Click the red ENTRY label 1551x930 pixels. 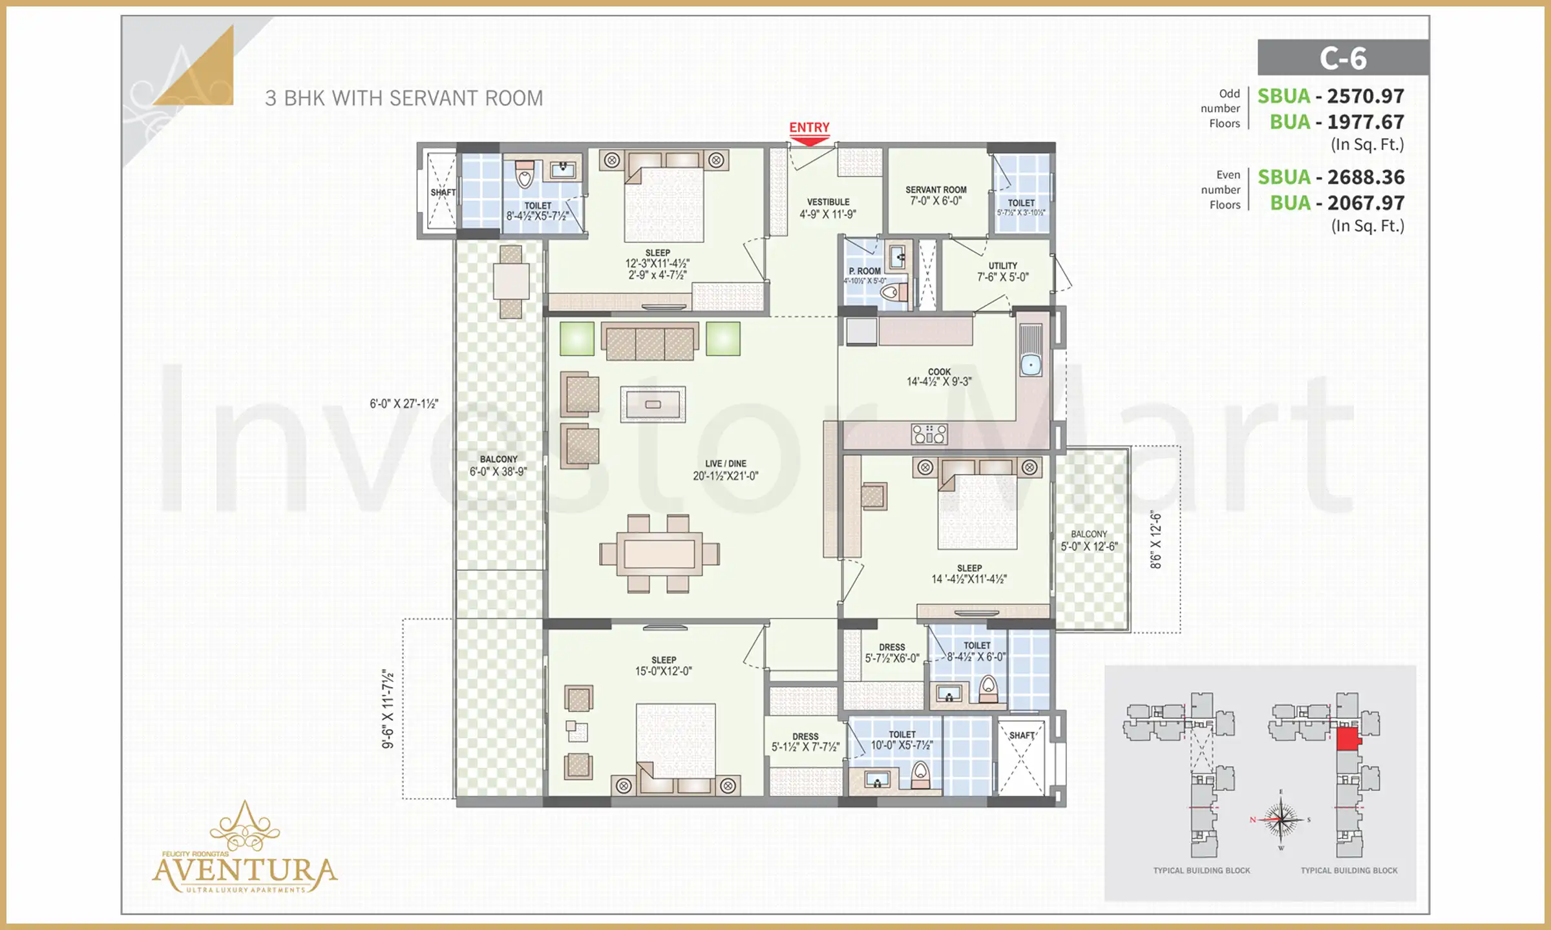point(809,127)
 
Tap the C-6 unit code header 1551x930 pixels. point(1343,58)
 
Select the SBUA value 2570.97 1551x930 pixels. point(1365,96)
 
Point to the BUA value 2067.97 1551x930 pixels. point(1365,203)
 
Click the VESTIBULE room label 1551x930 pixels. point(828,202)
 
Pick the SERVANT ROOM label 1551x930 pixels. point(936,190)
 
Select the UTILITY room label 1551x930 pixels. point(1002,265)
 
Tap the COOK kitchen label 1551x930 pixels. point(939,371)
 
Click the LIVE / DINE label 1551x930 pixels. point(725,464)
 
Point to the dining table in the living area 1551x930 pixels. point(659,553)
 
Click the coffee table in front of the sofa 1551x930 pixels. point(653,404)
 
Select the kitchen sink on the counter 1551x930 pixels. point(1031,365)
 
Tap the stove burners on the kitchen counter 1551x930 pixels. point(929,434)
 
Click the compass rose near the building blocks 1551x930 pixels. point(1281,820)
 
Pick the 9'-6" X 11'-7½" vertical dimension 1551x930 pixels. point(388,709)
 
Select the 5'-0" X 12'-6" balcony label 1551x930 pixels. point(1089,546)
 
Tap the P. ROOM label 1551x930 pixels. point(865,271)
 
